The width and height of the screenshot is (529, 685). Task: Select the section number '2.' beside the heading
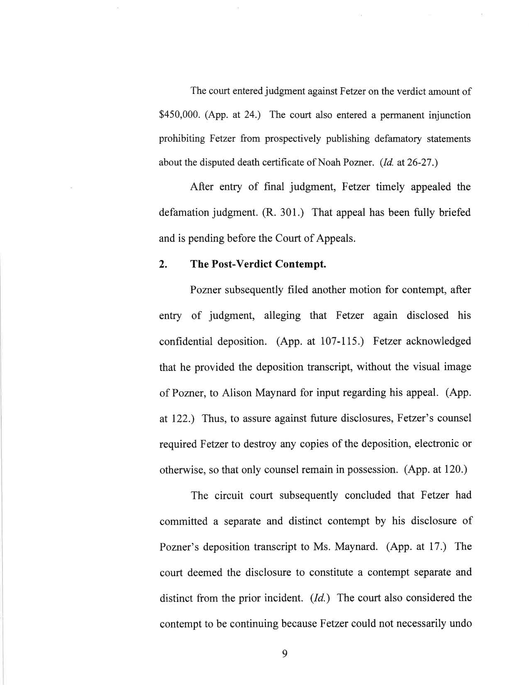pyautogui.click(x=163, y=265)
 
